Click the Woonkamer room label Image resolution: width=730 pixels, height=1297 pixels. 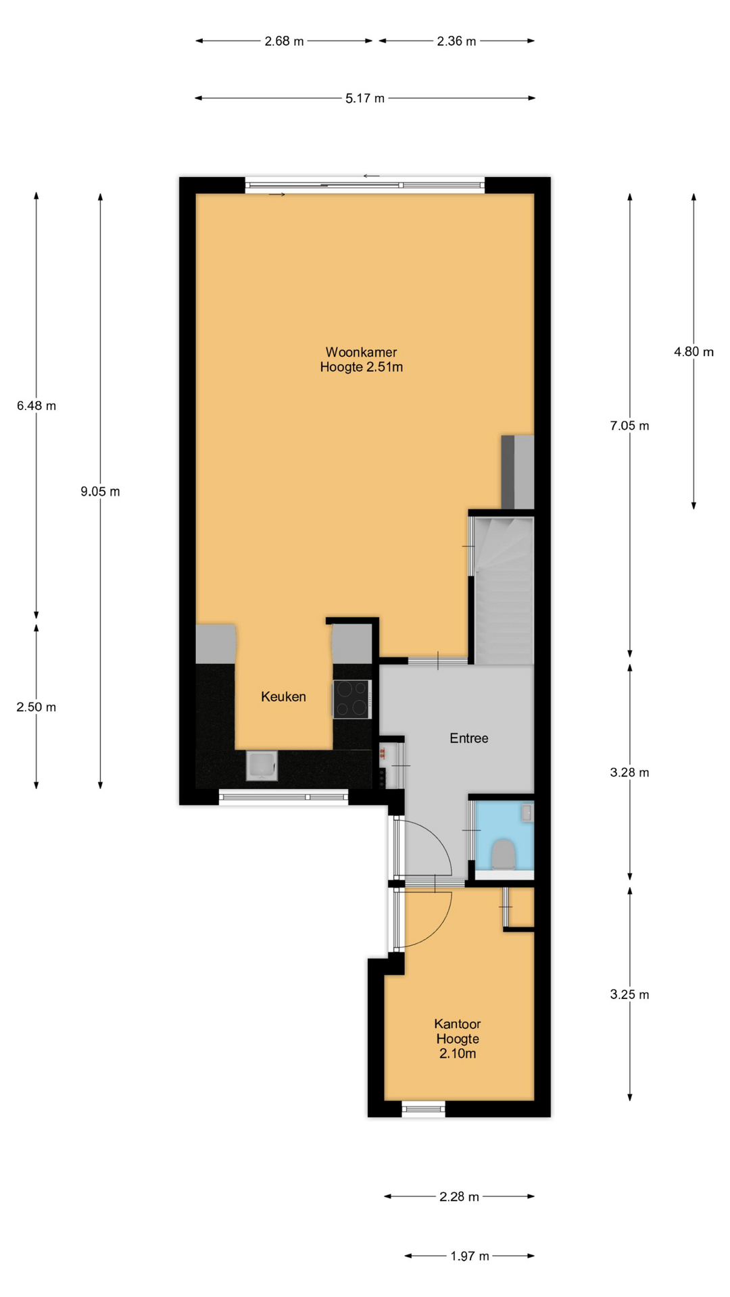coord(361,352)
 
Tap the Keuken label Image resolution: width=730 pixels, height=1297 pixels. coord(283,696)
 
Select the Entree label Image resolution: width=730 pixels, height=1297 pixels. coord(469,738)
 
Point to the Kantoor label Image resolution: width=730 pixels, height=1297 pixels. coord(458,1024)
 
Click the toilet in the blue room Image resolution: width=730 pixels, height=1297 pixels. coord(504,855)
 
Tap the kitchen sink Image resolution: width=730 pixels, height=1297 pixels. coord(262,765)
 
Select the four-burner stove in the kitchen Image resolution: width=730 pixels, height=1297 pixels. coord(352,699)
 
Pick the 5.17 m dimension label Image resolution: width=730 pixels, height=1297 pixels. coord(365,99)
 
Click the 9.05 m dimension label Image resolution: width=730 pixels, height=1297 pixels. coord(100,492)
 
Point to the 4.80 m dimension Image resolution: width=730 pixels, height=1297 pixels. coord(693,352)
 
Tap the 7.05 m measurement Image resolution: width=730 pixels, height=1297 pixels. coord(629,426)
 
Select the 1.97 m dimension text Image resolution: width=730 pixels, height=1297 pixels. coord(470,1256)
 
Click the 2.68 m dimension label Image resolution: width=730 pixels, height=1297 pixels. coord(284,41)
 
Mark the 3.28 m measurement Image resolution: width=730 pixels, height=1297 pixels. coord(629,773)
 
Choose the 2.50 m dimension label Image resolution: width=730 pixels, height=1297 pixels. coord(36,707)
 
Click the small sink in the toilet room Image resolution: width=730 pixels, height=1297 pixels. coord(527,813)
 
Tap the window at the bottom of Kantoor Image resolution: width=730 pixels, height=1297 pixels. coord(424,1109)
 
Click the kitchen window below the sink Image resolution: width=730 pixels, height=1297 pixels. coord(283,798)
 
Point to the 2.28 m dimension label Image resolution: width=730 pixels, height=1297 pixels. coord(459,1197)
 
